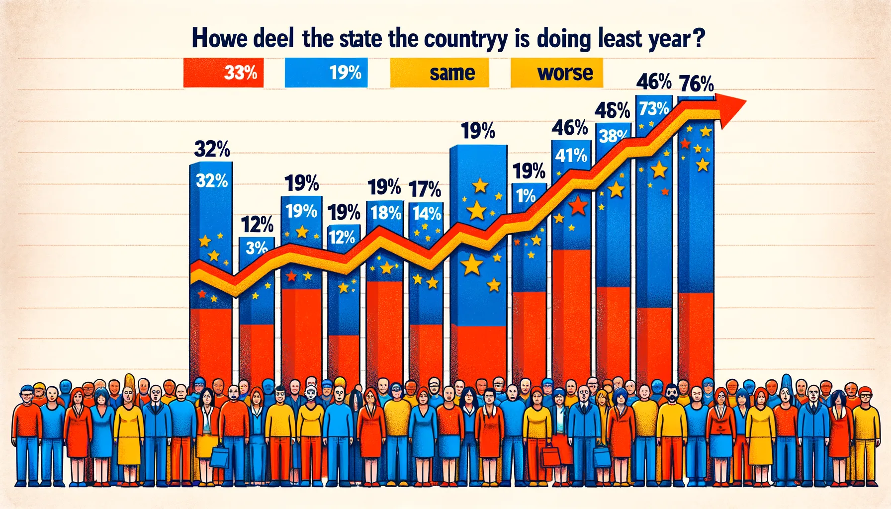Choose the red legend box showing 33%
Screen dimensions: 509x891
223,73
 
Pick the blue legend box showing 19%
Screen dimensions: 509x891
326,73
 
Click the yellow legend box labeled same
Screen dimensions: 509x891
440,73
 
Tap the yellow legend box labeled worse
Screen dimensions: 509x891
557,73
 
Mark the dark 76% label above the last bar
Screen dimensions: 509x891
697,84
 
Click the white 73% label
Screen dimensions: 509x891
654,108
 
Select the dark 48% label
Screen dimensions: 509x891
613,110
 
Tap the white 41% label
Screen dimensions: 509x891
571,156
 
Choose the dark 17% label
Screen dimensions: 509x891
425,189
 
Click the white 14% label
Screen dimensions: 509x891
427,214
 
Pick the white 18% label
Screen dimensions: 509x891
385,213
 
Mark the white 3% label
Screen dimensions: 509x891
257,247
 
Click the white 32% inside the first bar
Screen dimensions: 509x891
212,180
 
